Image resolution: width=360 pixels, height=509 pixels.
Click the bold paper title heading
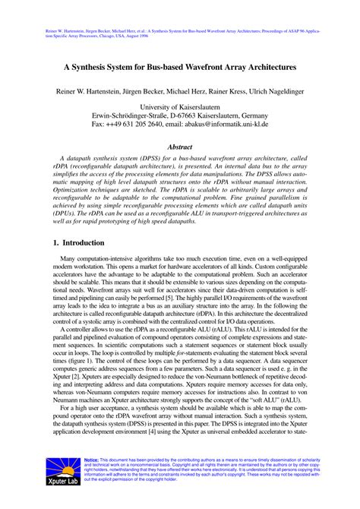179,67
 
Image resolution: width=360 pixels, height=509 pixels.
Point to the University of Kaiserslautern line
179,108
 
